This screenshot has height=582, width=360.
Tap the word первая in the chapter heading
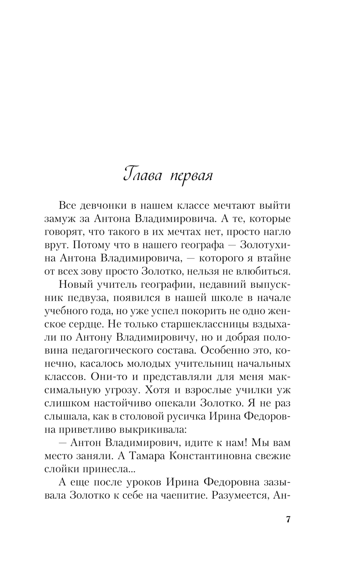click(x=192, y=176)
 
